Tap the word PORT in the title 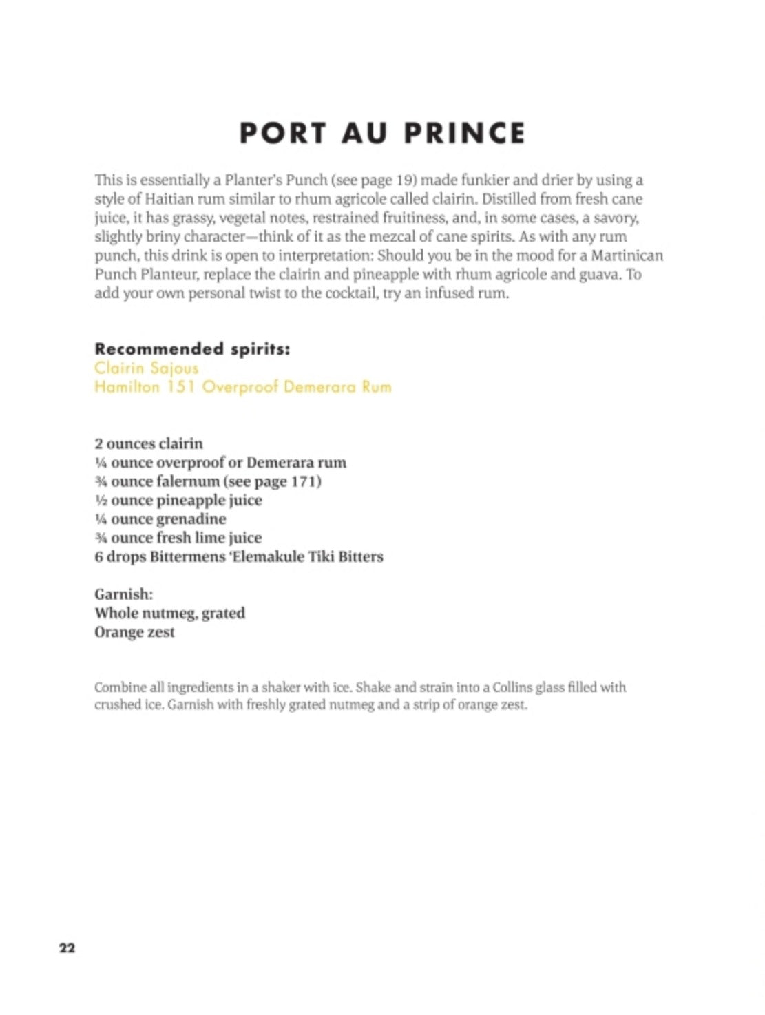click(x=282, y=133)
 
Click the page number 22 click(x=67, y=948)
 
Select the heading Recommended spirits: click(x=192, y=348)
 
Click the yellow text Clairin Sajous click(x=146, y=368)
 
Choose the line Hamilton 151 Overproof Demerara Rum click(x=242, y=386)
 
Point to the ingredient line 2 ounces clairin click(x=149, y=443)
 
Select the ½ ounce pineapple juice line click(x=178, y=500)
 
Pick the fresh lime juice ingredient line click(x=178, y=538)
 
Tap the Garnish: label click(x=123, y=594)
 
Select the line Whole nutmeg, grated click(x=169, y=613)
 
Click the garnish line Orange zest click(x=134, y=632)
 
